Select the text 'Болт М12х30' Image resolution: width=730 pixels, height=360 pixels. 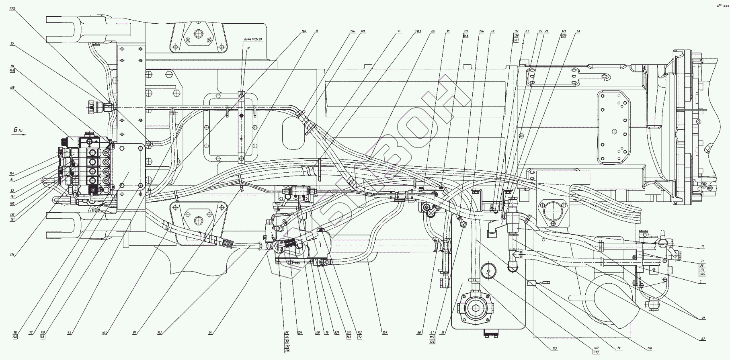[252, 39]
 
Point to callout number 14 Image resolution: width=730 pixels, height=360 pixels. [210, 333]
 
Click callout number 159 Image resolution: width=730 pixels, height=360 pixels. [385, 333]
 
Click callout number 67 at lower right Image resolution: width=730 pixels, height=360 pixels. [703, 339]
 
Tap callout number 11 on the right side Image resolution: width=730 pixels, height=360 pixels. [702, 246]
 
